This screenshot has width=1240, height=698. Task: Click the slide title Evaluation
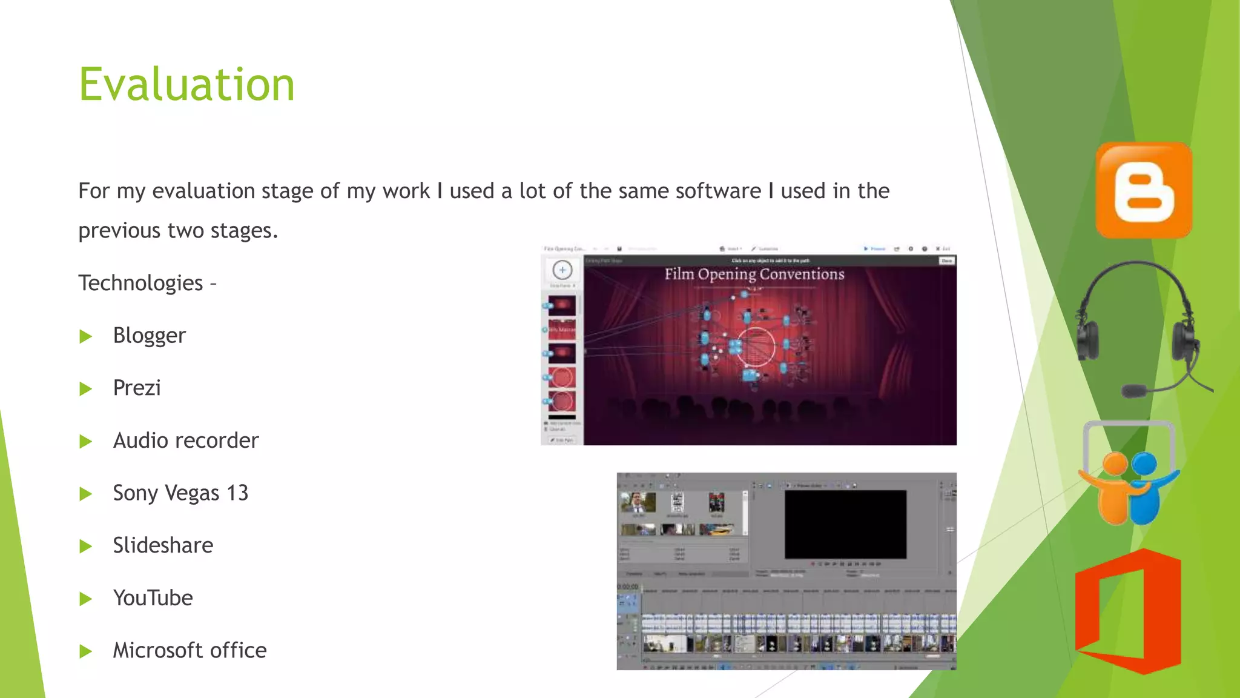point(186,84)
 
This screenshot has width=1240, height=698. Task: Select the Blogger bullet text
point(149,336)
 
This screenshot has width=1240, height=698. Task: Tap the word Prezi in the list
point(137,388)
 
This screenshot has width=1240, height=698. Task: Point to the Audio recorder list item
point(185,440)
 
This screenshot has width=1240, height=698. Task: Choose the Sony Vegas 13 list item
point(180,493)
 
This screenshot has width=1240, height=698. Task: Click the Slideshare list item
point(163,545)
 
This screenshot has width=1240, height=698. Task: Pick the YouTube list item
point(153,598)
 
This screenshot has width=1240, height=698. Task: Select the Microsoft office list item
point(190,651)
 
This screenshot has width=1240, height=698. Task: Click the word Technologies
point(140,283)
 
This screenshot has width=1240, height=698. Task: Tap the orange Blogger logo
point(1144,190)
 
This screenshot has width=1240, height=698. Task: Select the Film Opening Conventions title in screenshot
point(754,274)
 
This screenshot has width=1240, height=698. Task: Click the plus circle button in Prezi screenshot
point(562,270)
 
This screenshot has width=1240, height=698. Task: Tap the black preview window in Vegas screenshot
point(845,524)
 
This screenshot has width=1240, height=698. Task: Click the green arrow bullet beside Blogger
point(85,336)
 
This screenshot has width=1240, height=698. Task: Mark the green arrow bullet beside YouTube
point(85,599)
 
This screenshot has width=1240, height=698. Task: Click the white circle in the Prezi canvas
point(756,347)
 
